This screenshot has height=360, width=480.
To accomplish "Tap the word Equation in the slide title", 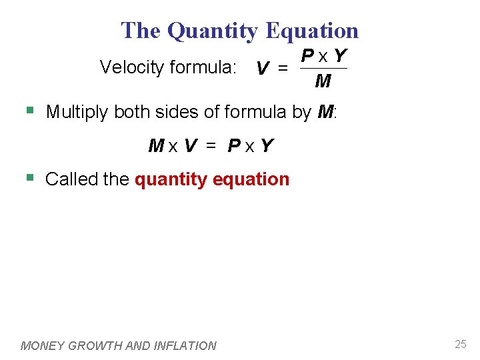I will pyautogui.click(x=312, y=31).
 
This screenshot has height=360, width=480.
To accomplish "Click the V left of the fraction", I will pyautogui.click(x=263, y=69).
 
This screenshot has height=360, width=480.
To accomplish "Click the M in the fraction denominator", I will pyautogui.click(x=323, y=81).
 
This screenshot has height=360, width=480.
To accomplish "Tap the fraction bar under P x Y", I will pyautogui.click(x=323, y=68).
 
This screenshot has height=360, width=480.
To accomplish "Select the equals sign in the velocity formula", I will pyautogui.click(x=283, y=68).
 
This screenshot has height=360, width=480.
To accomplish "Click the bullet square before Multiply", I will pyautogui.click(x=29, y=110).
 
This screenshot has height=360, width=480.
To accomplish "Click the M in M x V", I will pyautogui.click(x=156, y=145).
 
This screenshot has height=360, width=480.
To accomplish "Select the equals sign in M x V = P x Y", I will pyautogui.click(x=211, y=145).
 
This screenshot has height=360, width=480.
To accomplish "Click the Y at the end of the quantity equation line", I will pyautogui.click(x=267, y=145).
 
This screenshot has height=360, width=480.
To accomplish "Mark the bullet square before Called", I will pyautogui.click(x=29, y=177).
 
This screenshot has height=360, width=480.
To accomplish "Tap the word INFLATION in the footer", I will pyautogui.click(x=185, y=345).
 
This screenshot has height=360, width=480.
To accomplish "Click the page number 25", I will pyautogui.click(x=460, y=344).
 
